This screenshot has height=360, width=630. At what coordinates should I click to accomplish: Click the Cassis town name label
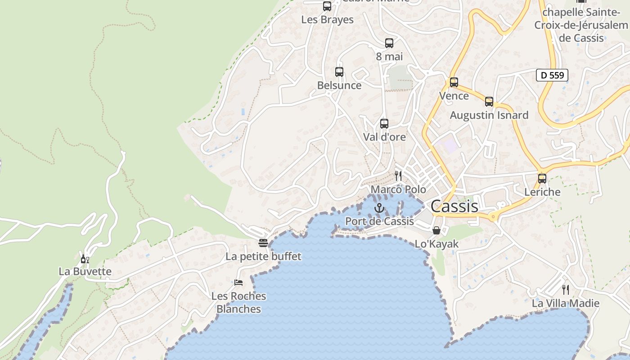tap(454, 206)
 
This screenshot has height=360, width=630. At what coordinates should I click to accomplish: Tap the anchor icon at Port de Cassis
tap(379, 208)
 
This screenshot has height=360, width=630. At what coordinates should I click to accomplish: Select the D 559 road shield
tap(552, 75)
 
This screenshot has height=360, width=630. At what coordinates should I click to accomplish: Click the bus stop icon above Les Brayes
tap(327, 6)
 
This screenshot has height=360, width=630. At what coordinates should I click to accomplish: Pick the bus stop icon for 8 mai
tap(389, 43)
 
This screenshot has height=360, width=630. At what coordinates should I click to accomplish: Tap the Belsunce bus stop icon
tap(339, 72)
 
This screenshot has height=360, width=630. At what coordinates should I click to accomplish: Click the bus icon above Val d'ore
tap(384, 124)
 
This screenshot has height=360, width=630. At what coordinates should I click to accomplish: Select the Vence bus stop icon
tap(454, 82)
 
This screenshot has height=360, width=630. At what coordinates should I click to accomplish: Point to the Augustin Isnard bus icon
tap(489, 102)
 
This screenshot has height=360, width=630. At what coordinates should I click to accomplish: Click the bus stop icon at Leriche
tap(542, 179)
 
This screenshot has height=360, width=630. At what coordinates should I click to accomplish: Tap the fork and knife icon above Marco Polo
tap(398, 175)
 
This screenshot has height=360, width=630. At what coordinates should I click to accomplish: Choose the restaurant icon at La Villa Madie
tap(566, 289)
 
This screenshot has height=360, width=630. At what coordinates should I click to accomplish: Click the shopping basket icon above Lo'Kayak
tap(436, 230)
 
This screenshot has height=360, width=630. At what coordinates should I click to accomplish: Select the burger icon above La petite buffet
tap(263, 243)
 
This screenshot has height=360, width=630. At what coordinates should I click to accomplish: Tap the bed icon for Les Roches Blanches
tap(238, 283)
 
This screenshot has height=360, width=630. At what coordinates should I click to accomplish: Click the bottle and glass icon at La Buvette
tap(85, 259)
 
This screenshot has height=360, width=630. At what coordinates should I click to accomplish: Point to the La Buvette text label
tap(85, 271)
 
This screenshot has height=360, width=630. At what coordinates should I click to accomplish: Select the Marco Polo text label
tap(398, 189)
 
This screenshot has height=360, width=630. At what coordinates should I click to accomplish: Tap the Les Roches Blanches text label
tap(239, 302)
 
